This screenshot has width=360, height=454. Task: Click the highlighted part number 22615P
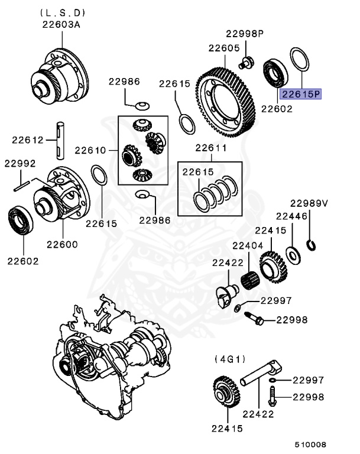300,93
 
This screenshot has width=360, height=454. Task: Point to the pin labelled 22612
61,140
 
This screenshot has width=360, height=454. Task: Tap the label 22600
63,244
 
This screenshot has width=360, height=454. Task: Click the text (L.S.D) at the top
63,12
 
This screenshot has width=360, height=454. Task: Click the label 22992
20,163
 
